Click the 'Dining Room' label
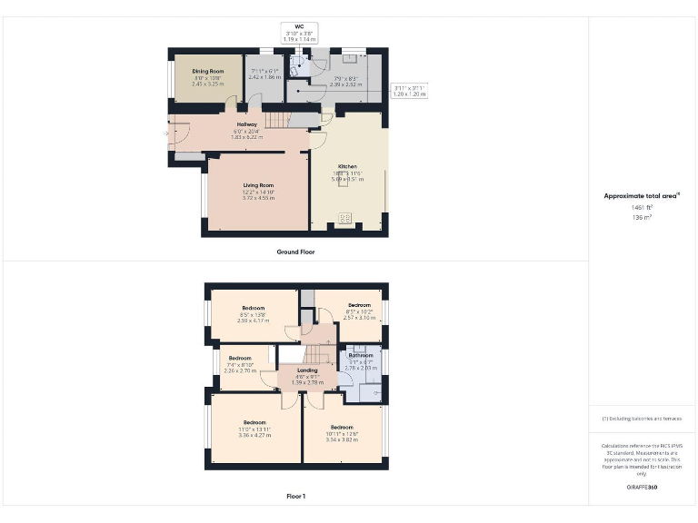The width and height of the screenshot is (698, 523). tap(208, 71)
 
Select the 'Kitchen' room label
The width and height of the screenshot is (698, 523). tap(348, 167)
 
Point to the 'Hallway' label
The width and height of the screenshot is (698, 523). tap(247, 124)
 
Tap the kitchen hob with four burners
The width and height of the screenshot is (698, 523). tap(344, 217)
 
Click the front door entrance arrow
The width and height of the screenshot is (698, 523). tap(165, 133)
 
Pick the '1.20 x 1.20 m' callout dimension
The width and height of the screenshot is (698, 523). tap(408, 94)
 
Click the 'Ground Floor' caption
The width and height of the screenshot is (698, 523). tap(296, 252)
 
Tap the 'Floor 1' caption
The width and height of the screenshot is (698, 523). tap(296, 496)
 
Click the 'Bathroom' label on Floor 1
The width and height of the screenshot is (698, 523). tap(361, 356)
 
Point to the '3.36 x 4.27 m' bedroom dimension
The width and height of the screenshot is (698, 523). tap(254, 435)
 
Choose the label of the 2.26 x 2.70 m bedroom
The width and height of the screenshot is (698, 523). tap(240, 359)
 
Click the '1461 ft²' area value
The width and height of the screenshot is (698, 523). tap(643, 208)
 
